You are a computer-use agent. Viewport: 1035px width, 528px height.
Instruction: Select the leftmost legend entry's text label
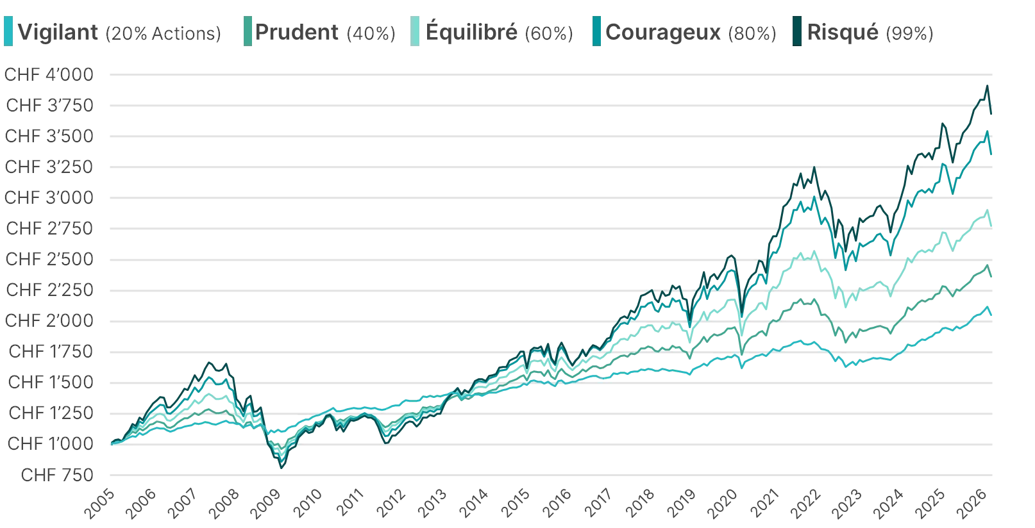coord(119,32)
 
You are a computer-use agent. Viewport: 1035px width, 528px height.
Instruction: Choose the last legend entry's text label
coord(868,32)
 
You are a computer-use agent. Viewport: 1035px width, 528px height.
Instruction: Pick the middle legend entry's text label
coord(499,32)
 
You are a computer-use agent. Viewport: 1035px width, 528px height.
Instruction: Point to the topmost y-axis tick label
coord(51,75)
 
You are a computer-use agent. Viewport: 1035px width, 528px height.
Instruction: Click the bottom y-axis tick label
coord(60,474)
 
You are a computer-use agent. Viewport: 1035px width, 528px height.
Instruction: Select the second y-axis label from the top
coord(51,106)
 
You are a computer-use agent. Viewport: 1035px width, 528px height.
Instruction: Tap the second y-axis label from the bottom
coord(51,443)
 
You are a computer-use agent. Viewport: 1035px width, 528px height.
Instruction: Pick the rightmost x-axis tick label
coord(973,504)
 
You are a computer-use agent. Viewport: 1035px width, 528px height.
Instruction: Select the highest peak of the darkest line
coord(988,84)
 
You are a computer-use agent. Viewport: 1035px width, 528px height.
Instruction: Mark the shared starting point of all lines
coord(111,443)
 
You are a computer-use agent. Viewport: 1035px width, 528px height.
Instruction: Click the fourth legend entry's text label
coord(692,32)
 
